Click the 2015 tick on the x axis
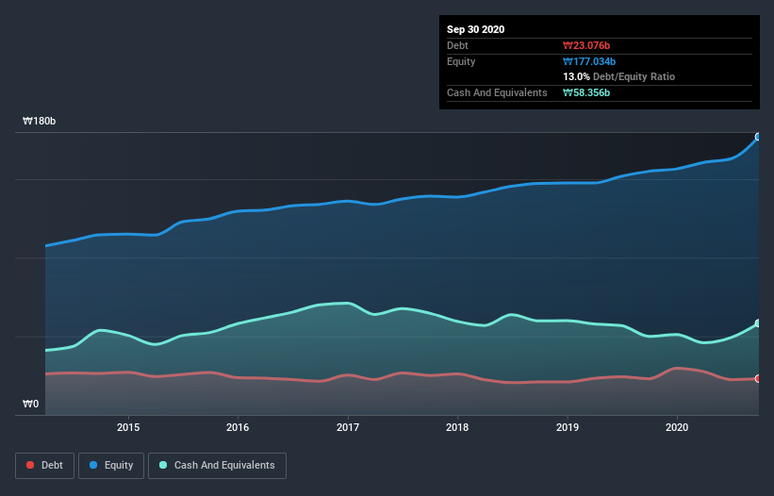(128, 427)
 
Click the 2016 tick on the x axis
(239, 427)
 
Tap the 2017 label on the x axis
(348, 427)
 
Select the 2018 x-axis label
(457, 427)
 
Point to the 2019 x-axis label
(568, 427)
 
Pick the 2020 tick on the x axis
(677, 427)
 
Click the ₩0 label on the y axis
(32, 405)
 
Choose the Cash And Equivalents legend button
(216, 465)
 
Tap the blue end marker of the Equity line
(758, 137)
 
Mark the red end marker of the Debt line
(758, 379)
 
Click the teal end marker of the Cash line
(758, 323)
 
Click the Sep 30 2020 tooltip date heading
(475, 29)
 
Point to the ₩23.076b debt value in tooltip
(588, 45)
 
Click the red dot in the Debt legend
(31, 465)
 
